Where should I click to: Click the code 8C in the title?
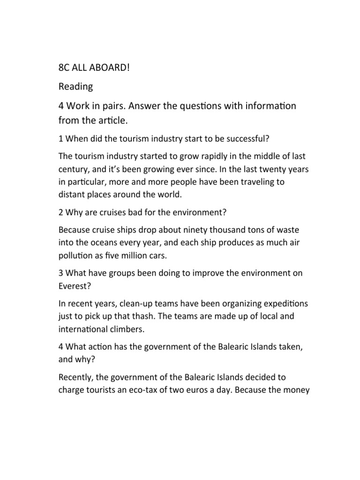coord(64,68)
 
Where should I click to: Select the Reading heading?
coord(75,87)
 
